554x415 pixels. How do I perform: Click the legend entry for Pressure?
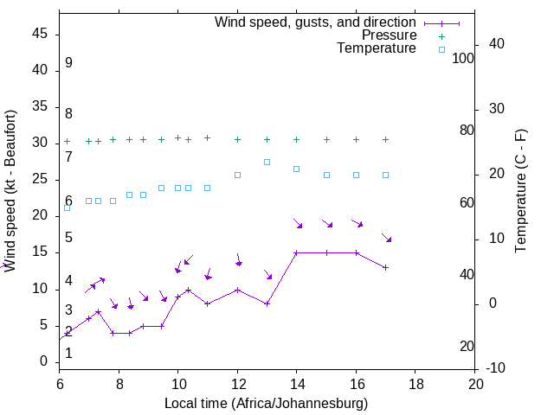pyautogui.click(x=390, y=35)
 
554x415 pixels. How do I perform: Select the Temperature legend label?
pyautogui.click(x=377, y=49)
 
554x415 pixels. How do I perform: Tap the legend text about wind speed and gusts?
pyautogui.click(x=316, y=22)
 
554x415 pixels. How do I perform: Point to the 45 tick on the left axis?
pyautogui.click(x=41, y=35)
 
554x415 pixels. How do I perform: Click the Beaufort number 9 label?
pyautogui.click(x=68, y=63)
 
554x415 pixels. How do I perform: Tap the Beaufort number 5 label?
pyautogui.click(x=68, y=238)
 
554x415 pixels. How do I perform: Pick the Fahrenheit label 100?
pyautogui.click(x=463, y=59)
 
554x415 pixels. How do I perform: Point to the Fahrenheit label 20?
pyautogui.click(x=467, y=347)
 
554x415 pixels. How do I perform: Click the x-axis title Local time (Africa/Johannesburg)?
pyautogui.click(x=267, y=404)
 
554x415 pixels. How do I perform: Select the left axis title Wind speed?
pyautogui.click(x=10, y=190)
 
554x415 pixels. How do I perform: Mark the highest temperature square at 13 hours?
pyautogui.click(x=267, y=162)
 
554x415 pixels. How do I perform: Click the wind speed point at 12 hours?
pyautogui.click(x=237, y=290)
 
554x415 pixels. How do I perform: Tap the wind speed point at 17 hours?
pyautogui.click(x=385, y=267)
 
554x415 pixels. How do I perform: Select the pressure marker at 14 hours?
pyautogui.click(x=296, y=139)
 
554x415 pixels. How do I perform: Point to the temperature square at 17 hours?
pyautogui.click(x=385, y=175)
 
